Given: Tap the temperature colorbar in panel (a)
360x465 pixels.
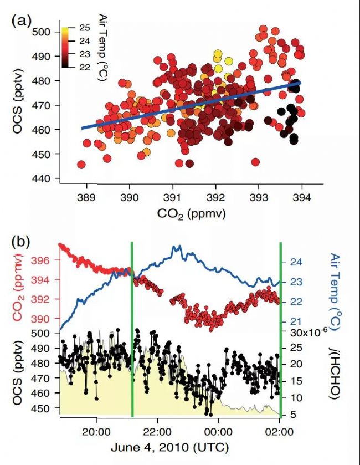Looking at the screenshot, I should [65, 47].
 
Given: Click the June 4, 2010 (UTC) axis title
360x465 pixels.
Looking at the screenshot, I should [169, 446].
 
